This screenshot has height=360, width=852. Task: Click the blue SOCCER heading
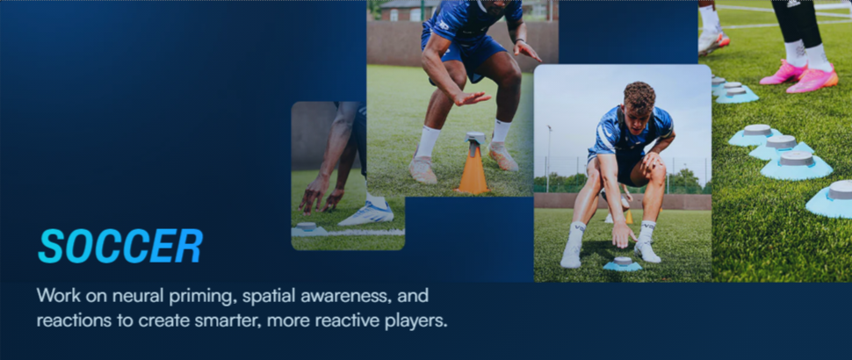tap(120, 247)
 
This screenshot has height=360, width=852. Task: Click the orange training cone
tap(473, 169)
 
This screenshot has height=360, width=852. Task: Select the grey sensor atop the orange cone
tap(475, 138)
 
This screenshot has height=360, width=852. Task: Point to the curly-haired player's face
tap(639, 106)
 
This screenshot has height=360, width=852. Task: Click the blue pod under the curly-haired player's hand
tap(624, 263)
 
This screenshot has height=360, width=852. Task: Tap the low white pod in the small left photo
tap(307, 228)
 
